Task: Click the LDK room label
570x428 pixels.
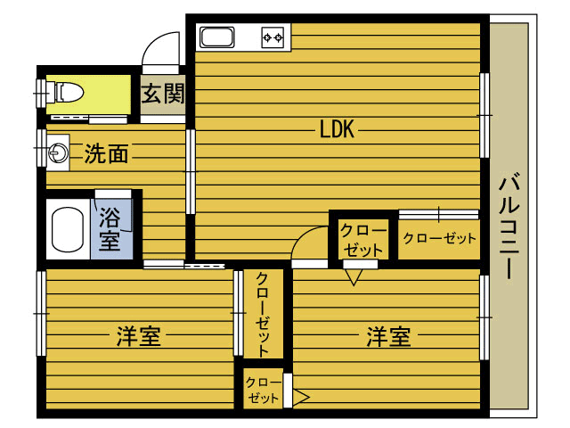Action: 337,128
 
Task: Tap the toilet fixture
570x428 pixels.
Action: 69,92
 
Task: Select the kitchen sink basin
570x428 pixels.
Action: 217,37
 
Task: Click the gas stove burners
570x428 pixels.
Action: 273,37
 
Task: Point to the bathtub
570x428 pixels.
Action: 68,229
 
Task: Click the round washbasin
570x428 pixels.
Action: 59,152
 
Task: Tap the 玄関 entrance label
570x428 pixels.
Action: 163,94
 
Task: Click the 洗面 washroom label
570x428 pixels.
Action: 106,153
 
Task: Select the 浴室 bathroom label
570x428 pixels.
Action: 110,229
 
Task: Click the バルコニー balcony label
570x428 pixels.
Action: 509,226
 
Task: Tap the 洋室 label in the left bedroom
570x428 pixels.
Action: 139,336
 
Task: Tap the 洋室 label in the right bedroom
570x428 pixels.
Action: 388,336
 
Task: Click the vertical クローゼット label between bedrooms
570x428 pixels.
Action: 263,315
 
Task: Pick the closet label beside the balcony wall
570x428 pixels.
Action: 439,238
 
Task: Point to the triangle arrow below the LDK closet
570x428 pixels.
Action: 354,277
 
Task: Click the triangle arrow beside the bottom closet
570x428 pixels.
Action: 302,397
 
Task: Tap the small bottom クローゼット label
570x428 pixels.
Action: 264,390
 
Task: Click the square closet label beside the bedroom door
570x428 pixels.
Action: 362,240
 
